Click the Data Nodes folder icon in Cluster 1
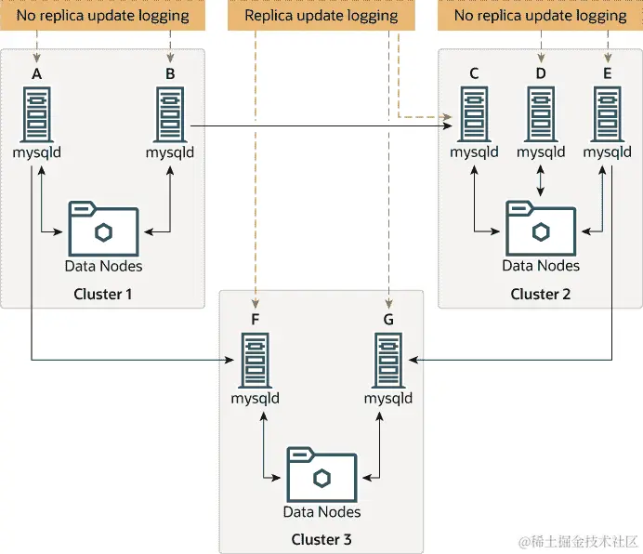[103, 227]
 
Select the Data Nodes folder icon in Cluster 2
[541, 227]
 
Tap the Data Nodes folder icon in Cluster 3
[321, 474]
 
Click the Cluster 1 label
[103, 294]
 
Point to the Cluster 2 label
[541, 294]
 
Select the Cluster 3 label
[321, 540]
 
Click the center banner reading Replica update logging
[321, 16]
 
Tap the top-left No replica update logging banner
[102, 16]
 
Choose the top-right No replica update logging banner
[540, 16]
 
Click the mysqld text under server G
[387, 399]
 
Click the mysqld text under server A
[36, 152]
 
